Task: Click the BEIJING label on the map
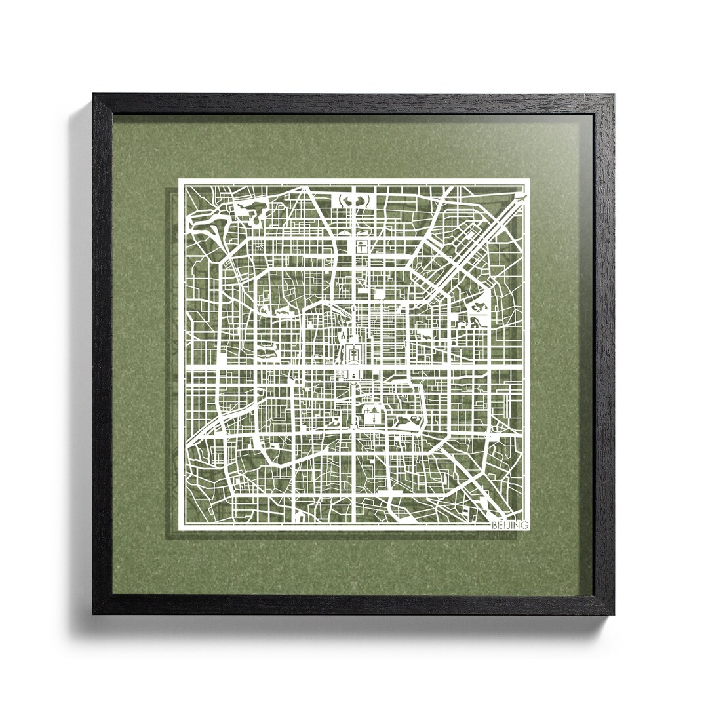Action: coord(509,524)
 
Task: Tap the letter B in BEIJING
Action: coord(494,524)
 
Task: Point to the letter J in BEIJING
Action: coord(507,524)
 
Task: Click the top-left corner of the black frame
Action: coord(94,94)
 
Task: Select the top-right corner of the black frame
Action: coord(614,94)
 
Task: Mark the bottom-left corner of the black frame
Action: coord(94,614)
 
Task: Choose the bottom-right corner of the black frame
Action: coord(614,614)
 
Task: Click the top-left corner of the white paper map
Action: coord(180,180)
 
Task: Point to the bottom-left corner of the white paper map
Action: coord(180,528)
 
